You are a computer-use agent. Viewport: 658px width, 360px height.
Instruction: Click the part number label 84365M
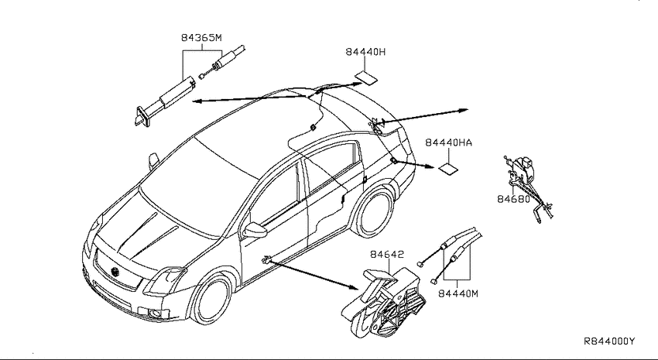pyautogui.click(x=201, y=37)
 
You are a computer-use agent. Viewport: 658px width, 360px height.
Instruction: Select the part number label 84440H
pyautogui.click(x=365, y=52)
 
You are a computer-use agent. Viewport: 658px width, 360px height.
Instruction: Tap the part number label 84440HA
pyautogui.click(x=448, y=142)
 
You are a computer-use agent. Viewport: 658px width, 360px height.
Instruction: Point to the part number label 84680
pyautogui.click(x=514, y=199)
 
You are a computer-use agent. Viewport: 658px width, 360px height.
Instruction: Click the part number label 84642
pyautogui.click(x=387, y=254)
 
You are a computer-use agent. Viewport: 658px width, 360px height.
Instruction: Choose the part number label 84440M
pyautogui.click(x=458, y=293)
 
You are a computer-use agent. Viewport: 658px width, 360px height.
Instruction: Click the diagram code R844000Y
pyautogui.click(x=609, y=341)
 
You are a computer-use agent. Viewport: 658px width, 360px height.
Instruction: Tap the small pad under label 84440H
pyautogui.click(x=366, y=77)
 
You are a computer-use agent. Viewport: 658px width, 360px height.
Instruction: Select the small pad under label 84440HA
pyautogui.click(x=448, y=169)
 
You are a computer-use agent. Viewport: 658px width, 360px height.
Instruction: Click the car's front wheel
pyautogui.click(x=211, y=298)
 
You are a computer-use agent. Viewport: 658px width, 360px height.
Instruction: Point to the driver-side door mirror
pyautogui.click(x=255, y=230)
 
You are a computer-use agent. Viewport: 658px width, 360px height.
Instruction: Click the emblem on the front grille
pyautogui.click(x=115, y=272)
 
